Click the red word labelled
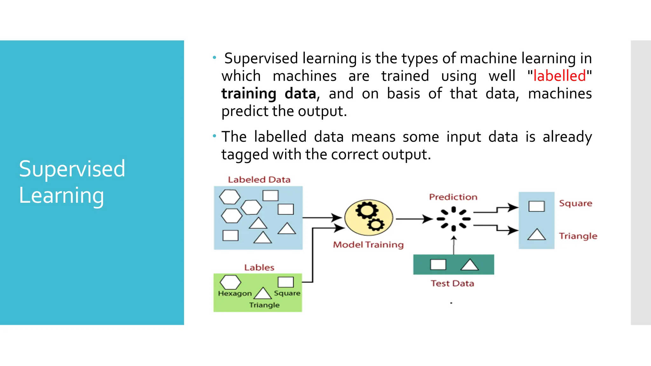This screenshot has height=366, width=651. pos(559,76)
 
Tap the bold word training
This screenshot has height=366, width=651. pos(249,94)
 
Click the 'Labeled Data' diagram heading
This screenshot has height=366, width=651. pos(259,180)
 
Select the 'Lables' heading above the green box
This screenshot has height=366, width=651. pos(259,268)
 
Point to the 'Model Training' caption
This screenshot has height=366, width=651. pos(368,245)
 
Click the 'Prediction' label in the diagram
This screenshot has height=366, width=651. pos(453,197)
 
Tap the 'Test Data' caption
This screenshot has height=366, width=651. pos(452,283)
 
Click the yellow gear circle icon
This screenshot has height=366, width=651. pos(369,218)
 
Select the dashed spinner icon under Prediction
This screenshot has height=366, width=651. pos(454,219)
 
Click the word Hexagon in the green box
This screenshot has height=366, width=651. pos(235,294)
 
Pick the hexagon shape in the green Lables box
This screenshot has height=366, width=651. pos(230,282)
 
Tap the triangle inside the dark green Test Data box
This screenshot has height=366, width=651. pos(469,265)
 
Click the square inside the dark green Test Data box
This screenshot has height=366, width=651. pos(438,264)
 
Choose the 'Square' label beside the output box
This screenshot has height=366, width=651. pos(576,203)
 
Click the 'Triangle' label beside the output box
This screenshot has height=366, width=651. pos(578,236)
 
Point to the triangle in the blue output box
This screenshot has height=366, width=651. pos(537,235)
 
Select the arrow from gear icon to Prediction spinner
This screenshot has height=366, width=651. pos(413,219)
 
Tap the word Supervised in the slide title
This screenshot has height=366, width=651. pos(72,169)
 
